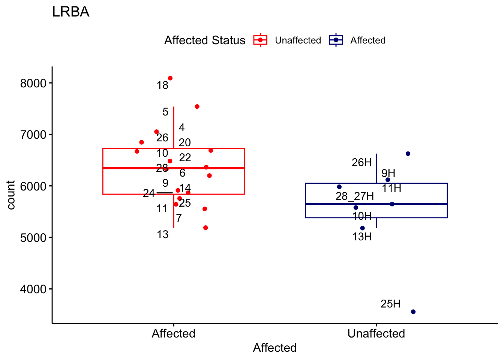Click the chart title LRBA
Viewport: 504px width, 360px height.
pos(70,12)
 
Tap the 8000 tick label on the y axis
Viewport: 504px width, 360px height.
pos(33,83)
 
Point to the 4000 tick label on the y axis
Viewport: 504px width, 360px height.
pos(33,289)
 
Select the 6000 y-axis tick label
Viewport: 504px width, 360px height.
pos(33,186)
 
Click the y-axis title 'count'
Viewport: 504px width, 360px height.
pos(11,195)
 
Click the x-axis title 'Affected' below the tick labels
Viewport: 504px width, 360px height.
pos(274,348)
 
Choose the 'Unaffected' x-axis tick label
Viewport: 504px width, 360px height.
pos(376,334)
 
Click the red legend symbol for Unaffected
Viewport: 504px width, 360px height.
pos(260,40)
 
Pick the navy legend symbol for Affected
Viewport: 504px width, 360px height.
pos(336,40)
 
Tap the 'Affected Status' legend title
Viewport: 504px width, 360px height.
pos(205,40)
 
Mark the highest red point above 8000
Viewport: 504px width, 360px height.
pos(170,78)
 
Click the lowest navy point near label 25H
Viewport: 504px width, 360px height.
pos(413,312)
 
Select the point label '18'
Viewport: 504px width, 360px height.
pos(162,85)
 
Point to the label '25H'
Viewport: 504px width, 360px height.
pos(390,304)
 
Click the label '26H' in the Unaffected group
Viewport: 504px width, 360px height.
pos(361,162)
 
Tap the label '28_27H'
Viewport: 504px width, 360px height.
pos(354,196)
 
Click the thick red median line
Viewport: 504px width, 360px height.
pos(210,168)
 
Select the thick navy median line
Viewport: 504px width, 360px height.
pos(412,204)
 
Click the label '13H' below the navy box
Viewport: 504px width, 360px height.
pos(362,237)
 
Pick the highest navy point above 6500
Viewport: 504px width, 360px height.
pos(408,154)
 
